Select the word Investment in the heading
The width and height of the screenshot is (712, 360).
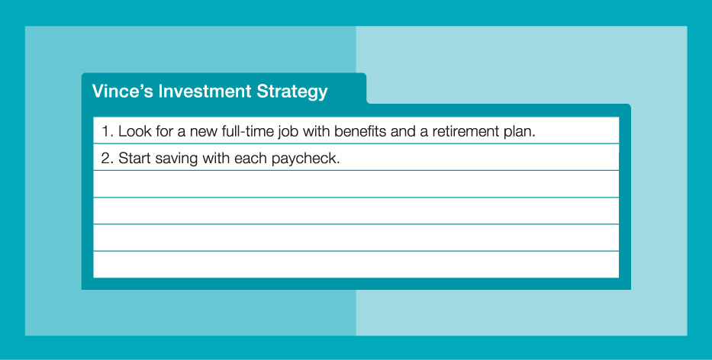(205, 91)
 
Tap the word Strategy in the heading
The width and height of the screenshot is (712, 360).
(292, 92)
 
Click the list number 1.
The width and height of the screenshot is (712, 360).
(107, 131)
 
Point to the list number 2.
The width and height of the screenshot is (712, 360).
(107, 158)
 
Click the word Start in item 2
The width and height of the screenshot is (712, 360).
(134, 158)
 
